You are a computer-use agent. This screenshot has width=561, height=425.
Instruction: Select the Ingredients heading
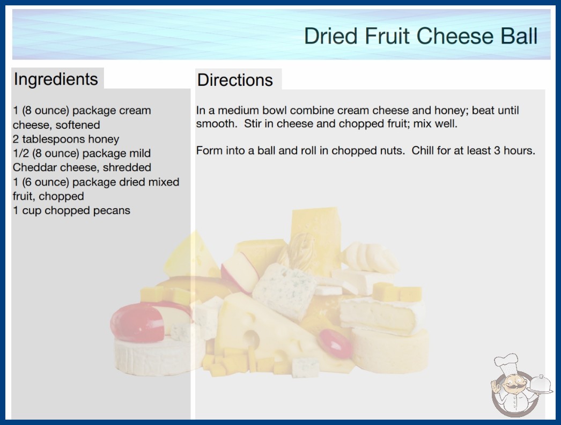coord(56,79)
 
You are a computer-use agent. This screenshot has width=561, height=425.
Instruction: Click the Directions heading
coord(235,80)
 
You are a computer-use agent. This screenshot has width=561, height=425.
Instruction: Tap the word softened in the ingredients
coord(78,125)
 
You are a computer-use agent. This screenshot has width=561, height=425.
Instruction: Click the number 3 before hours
coord(497,150)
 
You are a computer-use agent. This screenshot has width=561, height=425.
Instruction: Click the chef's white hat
coord(507,362)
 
